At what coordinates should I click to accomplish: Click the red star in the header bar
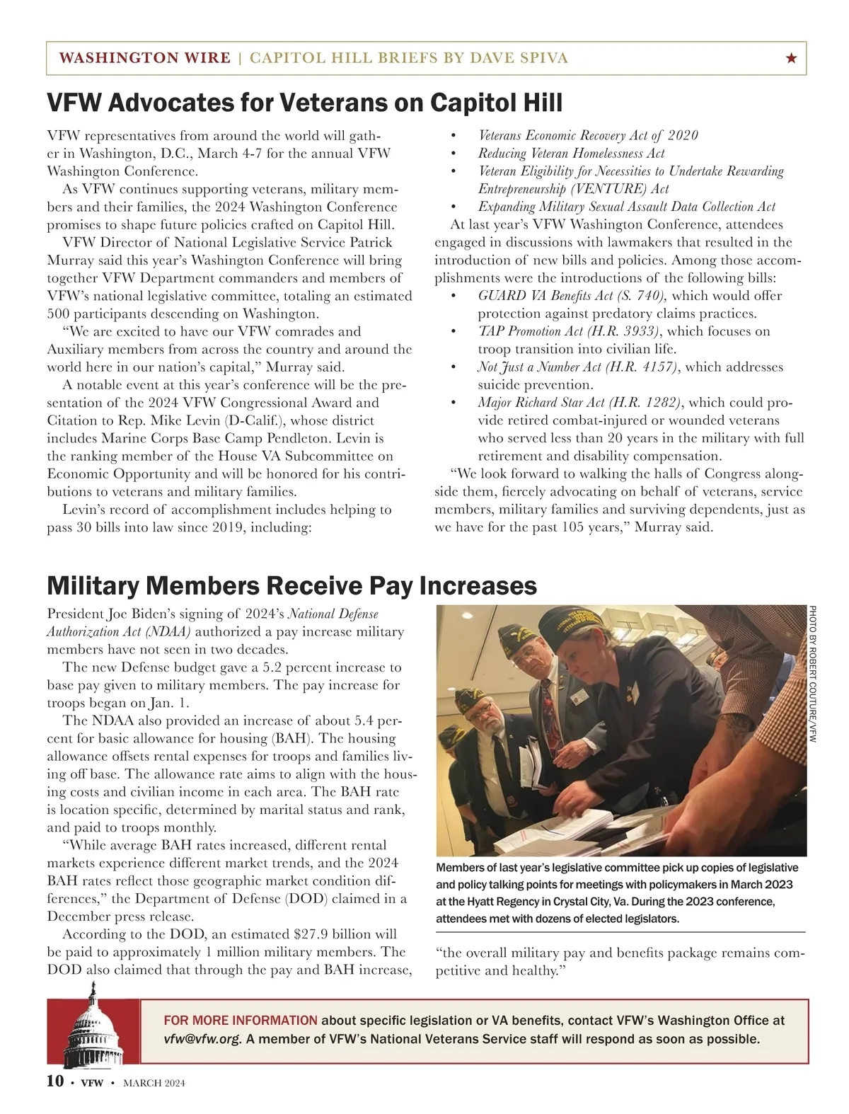(x=791, y=59)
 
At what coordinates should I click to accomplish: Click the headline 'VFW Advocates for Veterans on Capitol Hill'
(x=304, y=103)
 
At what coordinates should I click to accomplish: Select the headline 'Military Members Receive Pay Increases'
(x=291, y=586)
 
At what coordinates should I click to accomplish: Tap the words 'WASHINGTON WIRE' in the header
(x=145, y=58)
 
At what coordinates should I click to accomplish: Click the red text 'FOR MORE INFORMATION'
(x=241, y=1021)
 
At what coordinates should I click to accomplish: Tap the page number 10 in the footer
(x=55, y=1081)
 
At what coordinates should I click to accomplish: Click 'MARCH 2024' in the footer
(x=154, y=1083)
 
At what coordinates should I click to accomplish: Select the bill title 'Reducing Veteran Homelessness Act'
(x=571, y=153)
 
